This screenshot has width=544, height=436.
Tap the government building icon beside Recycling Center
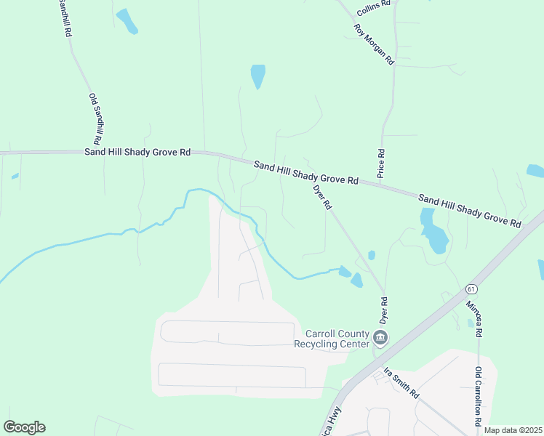(x=380, y=338)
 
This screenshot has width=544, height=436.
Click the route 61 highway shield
(x=472, y=289)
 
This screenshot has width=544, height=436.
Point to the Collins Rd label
(x=375, y=8)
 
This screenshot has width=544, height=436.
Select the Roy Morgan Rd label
(x=374, y=45)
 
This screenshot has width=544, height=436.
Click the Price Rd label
(x=380, y=163)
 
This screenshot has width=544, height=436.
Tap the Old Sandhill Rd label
(x=95, y=118)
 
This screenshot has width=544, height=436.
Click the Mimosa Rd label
(x=473, y=318)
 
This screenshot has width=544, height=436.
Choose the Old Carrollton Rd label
(x=479, y=397)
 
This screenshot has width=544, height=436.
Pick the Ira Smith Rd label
(x=401, y=383)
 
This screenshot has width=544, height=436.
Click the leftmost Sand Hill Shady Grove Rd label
(x=137, y=153)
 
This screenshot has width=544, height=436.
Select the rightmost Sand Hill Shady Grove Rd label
(x=470, y=209)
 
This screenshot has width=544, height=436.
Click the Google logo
(x=24, y=427)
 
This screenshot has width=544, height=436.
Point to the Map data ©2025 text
(x=512, y=430)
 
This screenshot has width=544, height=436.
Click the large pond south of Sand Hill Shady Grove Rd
(x=433, y=231)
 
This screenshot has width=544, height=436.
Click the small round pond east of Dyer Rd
(x=372, y=255)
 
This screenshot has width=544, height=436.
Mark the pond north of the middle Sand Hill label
(x=257, y=76)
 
